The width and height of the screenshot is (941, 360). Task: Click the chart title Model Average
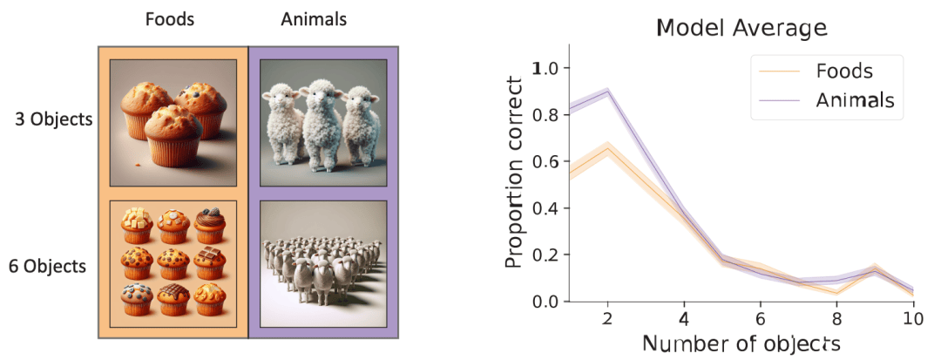click(741, 29)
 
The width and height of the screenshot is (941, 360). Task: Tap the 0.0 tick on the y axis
click(547, 302)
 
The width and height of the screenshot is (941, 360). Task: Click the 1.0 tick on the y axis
click(547, 68)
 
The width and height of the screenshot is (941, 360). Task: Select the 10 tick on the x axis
click(913, 320)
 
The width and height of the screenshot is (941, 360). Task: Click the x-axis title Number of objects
click(741, 343)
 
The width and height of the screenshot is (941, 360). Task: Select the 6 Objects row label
click(48, 266)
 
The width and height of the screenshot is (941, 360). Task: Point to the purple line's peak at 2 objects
click(606, 90)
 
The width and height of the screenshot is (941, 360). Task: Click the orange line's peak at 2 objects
click(606, 147)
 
